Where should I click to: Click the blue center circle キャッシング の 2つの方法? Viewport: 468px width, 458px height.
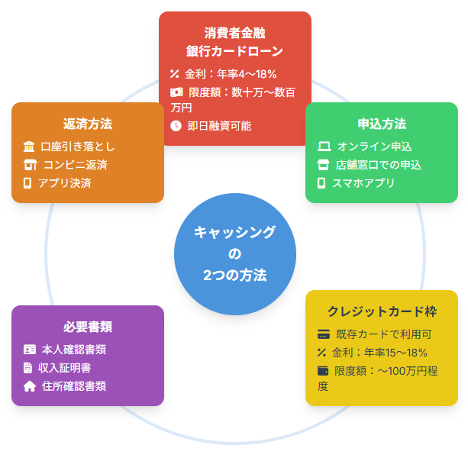[x=234, y=254]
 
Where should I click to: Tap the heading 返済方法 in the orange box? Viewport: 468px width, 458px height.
[x=88, y=124]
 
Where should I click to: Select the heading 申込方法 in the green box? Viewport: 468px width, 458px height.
[x=382, y=124]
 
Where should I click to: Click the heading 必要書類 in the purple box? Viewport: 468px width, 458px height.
[x=88, y=327]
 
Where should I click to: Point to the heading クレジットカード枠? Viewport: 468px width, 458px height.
[x=382, y=311]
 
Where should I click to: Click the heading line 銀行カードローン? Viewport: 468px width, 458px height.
[x=234, y=51]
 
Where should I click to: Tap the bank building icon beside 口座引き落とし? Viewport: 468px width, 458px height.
[x=29, y=147]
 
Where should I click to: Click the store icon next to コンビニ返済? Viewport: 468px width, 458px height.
[x=30, y=165]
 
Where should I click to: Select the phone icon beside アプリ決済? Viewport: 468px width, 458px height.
[x=28, y=183]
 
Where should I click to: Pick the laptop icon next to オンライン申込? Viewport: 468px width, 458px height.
[x=323, y=147]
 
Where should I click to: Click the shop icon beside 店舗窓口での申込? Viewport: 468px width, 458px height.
[x=322, y=165]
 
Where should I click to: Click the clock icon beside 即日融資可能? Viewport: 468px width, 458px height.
[x=176, y=125]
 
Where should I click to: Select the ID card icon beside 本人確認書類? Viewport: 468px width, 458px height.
[x=30, y=350]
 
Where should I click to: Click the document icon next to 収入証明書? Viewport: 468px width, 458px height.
[x=28, y=368]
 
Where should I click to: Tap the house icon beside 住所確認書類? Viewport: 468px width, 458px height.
[x=30, y=386]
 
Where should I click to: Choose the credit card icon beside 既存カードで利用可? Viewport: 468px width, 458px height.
[x=323, y=334]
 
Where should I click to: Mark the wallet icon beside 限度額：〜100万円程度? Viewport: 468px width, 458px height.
[x=322, y=371]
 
